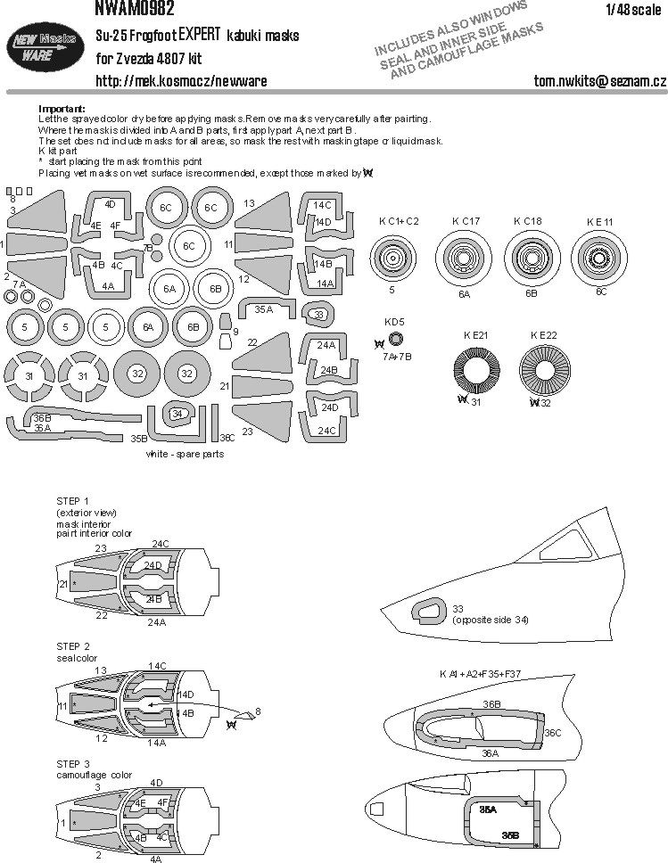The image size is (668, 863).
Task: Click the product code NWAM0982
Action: (134, 8)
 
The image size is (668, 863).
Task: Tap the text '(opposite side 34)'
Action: (490, 620)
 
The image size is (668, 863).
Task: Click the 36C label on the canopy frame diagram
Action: (553, 733)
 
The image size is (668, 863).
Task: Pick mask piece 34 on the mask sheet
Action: (177, 413)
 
